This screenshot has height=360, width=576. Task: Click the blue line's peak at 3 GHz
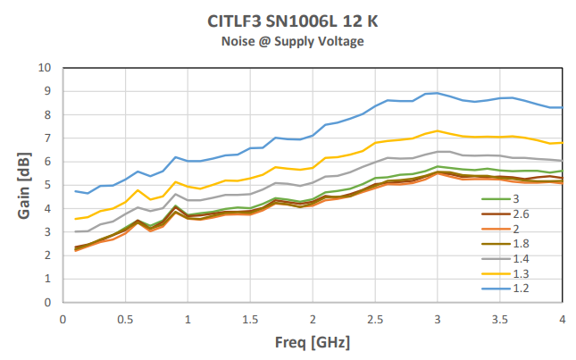click(x=437, y=92)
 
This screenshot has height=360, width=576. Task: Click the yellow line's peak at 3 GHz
click(x=437, y=130)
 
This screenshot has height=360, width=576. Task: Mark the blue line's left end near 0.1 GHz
click(x=75, y=191)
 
